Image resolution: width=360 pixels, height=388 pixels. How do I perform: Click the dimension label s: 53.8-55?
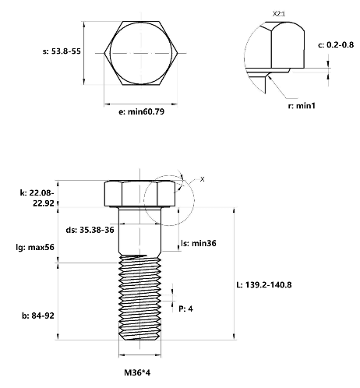coord(62,51)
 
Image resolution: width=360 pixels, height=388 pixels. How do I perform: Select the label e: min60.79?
coord(141,111)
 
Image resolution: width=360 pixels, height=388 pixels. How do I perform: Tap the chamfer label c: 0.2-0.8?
coord(336,45)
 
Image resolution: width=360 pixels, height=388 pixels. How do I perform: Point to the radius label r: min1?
coord(302,106)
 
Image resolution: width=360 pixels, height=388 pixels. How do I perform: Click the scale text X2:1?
coord(279,14)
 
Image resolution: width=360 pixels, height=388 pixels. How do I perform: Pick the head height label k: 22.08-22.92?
coord(37,198)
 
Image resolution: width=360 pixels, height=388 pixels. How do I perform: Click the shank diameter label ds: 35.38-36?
coord(90,230)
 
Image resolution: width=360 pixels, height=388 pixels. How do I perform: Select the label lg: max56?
coord(35,247)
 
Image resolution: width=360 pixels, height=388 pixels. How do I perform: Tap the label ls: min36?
coord(199,243)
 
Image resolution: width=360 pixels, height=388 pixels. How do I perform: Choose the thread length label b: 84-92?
coord(38,316)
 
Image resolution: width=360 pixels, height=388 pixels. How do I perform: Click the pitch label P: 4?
coord(185,309)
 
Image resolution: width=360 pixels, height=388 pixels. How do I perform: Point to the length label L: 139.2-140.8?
coord(264,285)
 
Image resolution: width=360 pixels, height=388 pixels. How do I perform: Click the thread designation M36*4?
coord(137,372)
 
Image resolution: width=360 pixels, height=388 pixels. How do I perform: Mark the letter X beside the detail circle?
coord(202,179)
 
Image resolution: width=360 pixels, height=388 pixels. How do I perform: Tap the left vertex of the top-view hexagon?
coord(104,53)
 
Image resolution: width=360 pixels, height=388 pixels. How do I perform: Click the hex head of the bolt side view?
coord(140,194)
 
